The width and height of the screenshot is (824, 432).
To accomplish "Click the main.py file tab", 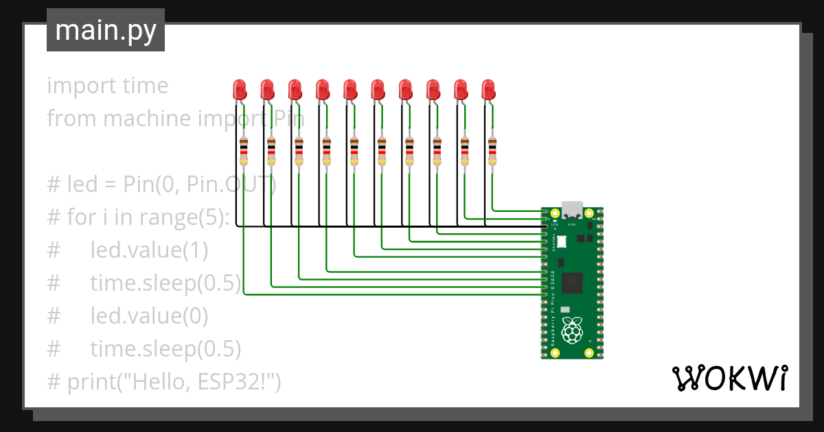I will click(x=105, y=30).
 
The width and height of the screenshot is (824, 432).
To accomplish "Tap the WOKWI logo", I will click(x=729, y=378).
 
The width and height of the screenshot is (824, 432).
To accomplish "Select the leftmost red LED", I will click(x=239, y=89).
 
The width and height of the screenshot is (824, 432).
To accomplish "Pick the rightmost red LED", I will click(x=488, y=89).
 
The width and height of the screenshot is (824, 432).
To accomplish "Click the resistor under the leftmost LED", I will click(x=244, y=151).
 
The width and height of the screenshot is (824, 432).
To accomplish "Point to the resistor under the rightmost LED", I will click(x=492, y=151).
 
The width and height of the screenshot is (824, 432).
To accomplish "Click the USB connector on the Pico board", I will click(x=571, y=208).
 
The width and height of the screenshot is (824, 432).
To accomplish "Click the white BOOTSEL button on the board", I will click(x=561, y=241).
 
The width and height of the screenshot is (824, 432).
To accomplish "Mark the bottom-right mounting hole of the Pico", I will click(x=589, y=352).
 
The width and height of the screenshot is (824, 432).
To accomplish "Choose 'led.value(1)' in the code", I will click(x=148, y=250).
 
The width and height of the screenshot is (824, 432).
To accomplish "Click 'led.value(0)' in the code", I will click(x=148, y=316).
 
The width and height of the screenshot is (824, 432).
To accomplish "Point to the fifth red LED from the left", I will click(x=350, y=89).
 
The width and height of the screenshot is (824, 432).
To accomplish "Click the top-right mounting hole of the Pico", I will click(x=589, y=213).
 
